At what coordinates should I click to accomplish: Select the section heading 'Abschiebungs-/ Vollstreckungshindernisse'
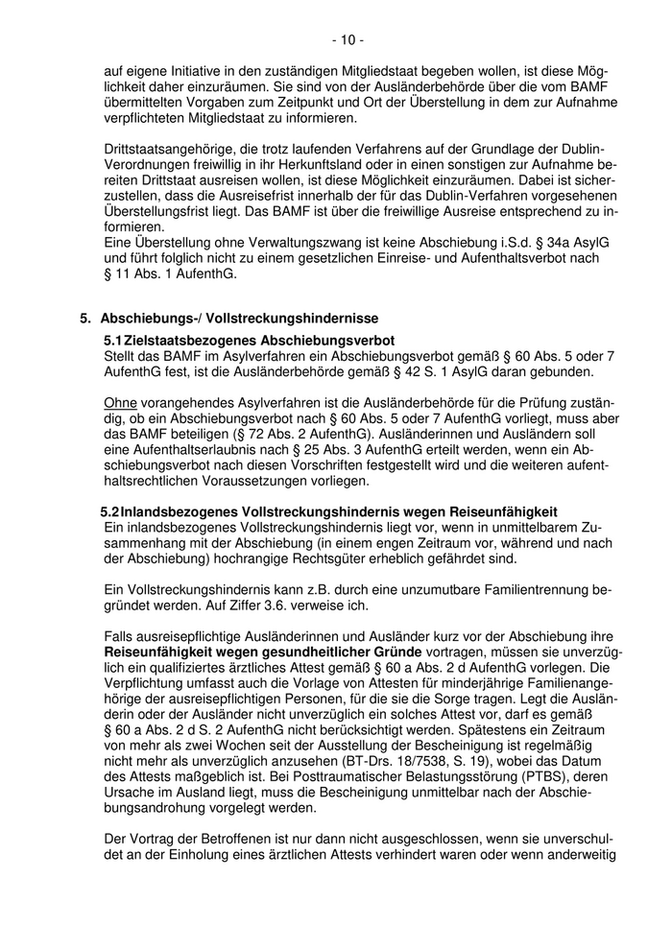click(x=239, y=318)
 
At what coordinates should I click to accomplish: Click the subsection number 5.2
click(x=110, y=511)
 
